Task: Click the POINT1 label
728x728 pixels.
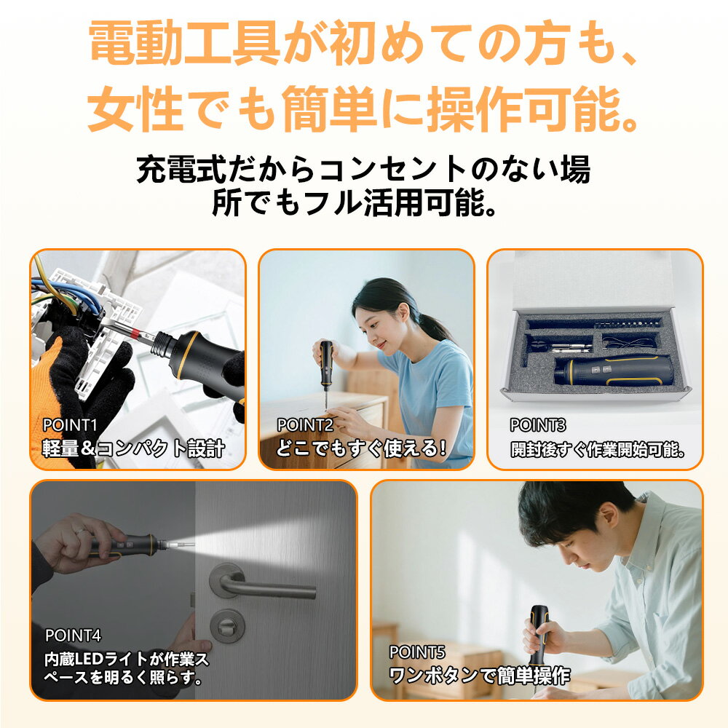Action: pyautogui.click(x=70, y=424)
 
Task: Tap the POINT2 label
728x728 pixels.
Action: pyautogui.click(x=305, y=424)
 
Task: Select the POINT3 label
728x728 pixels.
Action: pyautogui.click(x=538, y=424)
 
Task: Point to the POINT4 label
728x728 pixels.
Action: pyautogui.click(x=73, y=635)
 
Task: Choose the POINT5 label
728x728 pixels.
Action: pyautogui.click(x=417, y=652)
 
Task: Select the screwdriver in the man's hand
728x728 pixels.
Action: pyautogui.click(x=539, y=637)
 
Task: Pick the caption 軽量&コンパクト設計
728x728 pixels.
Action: pyautogui.click(x=133, y=448)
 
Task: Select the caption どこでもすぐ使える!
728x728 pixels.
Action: pyautogui.click(x=361, y=448)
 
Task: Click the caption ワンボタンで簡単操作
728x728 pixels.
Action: pyautogui.click(x=480, y=676)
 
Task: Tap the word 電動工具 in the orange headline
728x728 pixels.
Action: pyautogui.click(x=183, y=43)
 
